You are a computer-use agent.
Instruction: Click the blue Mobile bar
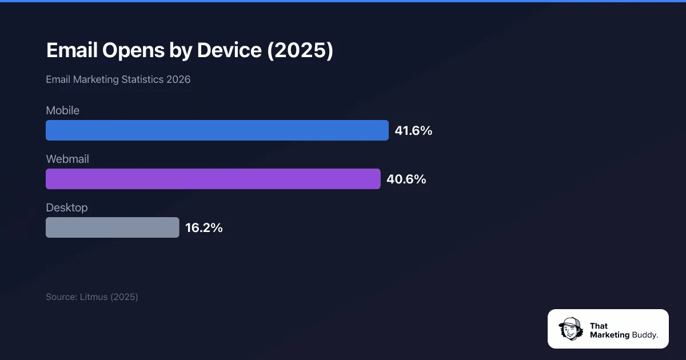(x=217, y=130)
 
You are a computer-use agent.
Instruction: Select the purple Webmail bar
(x=213, y=179)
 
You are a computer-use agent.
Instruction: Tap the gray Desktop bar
(x=112, y=227)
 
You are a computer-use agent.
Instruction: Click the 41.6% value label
(x=413, y=131)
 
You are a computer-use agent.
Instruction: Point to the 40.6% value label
(x=406, y=179)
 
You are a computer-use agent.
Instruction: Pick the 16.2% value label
(x=204, y=228)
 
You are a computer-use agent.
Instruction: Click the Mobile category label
(x=62, y=110)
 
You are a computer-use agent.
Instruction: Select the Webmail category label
(x=67, y=159)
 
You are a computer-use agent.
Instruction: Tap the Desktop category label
(x=67, y=207)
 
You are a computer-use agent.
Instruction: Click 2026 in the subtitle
(x=178, y=79)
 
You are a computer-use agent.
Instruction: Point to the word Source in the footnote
(x=61, y=297)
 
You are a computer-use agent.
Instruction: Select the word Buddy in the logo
(x=644, y=335)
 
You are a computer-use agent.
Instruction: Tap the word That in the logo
(x=599, y=326)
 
